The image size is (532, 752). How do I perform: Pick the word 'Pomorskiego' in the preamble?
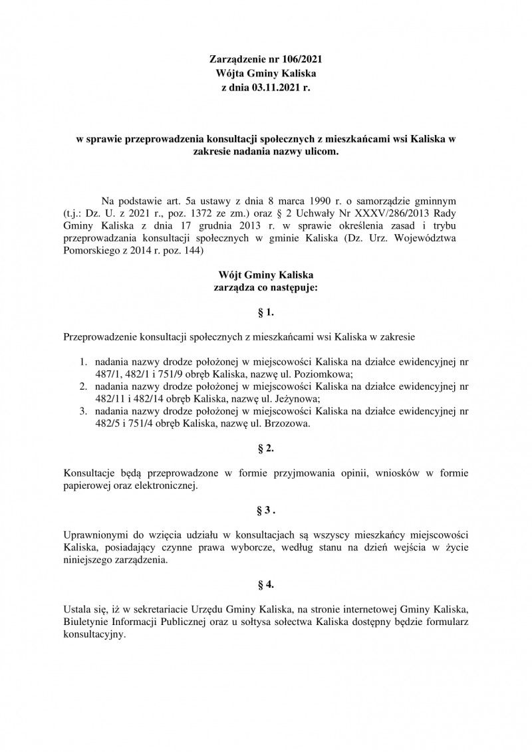pyautogui.click(x=91, y=252)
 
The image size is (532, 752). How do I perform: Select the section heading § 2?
pyautogui.click(x=265, y=449)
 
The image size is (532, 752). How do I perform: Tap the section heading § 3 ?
pyautogui.click(x=265, y=511)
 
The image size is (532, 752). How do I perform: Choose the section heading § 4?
pyautogui.click(x=265, y=585)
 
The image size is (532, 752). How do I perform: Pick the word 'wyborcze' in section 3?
pyautogui.click(x=262, y=548)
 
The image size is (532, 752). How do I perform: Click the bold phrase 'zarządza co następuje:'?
pyautogui.click(x=265, y=287)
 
